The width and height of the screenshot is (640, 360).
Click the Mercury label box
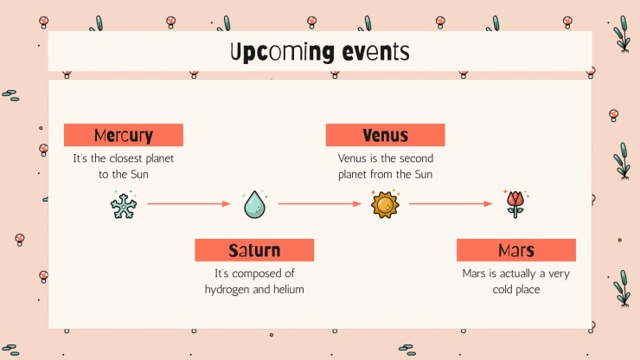[123, 135]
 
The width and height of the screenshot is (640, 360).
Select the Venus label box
[385, 135]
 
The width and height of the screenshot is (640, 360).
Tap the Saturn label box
[254, 250]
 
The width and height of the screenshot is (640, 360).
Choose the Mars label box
[515, 250]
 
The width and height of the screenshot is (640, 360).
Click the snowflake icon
[123, 204]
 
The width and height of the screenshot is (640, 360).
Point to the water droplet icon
[254, 204]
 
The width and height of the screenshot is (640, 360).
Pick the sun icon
[385, 204]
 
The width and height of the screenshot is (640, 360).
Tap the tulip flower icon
[515, 203]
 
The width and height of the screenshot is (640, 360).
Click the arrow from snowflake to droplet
[189, 204]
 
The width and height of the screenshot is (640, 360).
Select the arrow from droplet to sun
[319, 204]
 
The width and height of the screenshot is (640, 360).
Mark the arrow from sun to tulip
[451, 204]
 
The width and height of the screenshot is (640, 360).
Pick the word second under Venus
[413, 159]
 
